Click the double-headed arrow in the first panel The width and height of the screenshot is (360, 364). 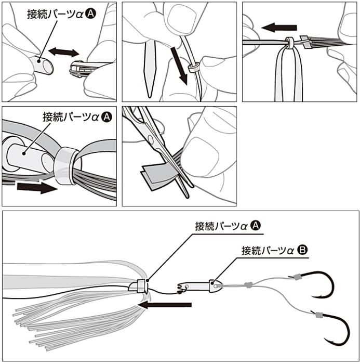tap(63, 52)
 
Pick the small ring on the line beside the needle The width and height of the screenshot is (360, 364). tap(193, 68)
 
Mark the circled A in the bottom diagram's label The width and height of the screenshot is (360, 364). tap(256, 226)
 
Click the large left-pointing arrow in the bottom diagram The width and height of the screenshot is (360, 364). tap(166, 305)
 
